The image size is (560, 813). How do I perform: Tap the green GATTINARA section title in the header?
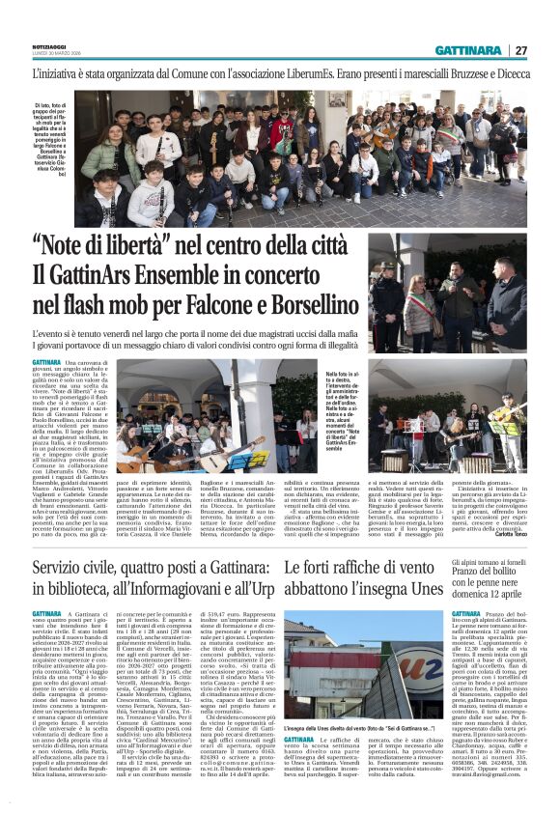pyautogui.click(x=468, y=51)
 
